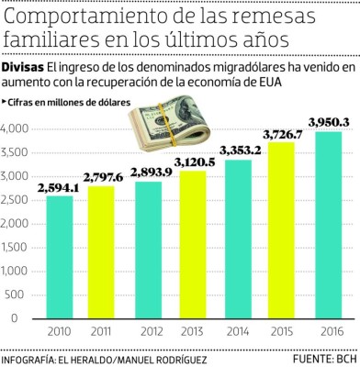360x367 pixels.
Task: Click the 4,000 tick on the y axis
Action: [16, 128]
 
